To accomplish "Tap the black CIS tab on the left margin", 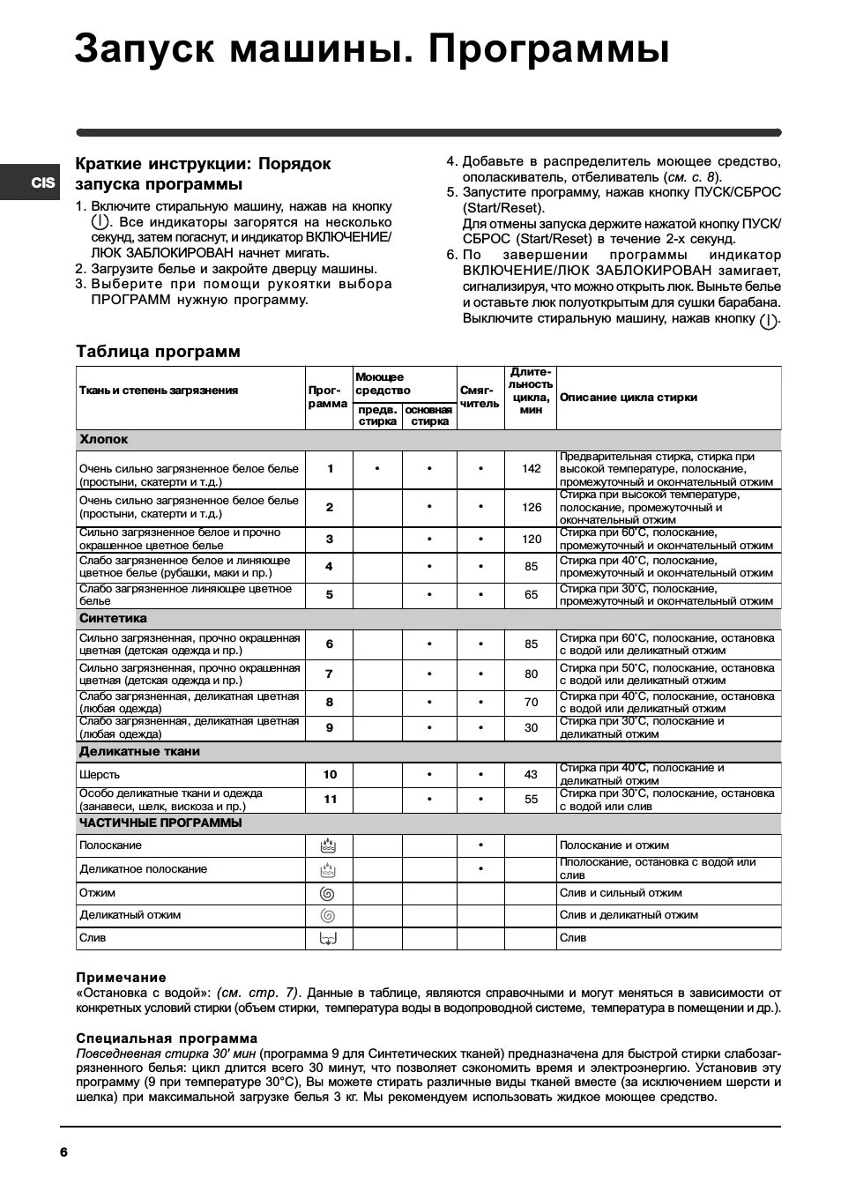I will [x=41, y=182].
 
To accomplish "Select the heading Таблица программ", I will [x=158, y=352].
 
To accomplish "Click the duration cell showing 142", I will [x=531, y=469].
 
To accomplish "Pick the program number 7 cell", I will [x=330, y=674].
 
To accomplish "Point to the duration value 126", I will [x=531, y=507].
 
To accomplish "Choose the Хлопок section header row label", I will [x=104, y=439].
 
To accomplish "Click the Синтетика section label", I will [x=113, y=619].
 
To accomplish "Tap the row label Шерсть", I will [x=100, y=775].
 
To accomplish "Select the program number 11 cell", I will [x=330, y=800].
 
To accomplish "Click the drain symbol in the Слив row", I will [x=328, y=938].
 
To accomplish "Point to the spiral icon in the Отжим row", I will [x=328, y=893].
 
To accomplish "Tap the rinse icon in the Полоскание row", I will [x=328, y=846].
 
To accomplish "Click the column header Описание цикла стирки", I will [x=628, y=398].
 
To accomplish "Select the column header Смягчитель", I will [x=480, y=397].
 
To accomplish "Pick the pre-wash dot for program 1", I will [x=377, y=469].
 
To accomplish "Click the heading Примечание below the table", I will [x=121, y=978].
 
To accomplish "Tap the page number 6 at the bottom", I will [x=63, y=1152].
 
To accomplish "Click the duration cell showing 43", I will [x=531, y=775].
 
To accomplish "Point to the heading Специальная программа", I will [x=167, y=1038].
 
